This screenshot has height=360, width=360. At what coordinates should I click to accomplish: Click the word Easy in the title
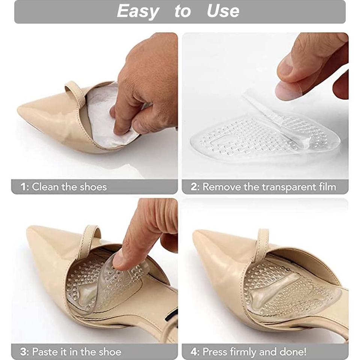(x=138, y=11)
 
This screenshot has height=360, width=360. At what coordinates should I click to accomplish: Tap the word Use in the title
(x=223, y=11)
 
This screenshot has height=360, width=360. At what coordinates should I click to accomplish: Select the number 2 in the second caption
(x=194, y=187)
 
